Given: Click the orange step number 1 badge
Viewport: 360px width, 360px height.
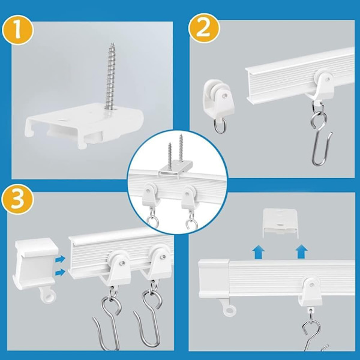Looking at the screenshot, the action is [x=17, y=30].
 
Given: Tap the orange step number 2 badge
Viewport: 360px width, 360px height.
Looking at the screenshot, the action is [x=203, y=28].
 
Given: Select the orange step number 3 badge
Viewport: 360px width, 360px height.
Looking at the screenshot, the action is [x=17, y=199].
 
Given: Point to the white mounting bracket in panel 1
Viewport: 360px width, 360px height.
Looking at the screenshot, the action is [x=84, y=125].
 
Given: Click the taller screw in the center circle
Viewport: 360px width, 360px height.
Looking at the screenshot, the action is [x=181, y=149].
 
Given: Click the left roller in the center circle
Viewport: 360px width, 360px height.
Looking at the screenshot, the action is [x=150, y=196].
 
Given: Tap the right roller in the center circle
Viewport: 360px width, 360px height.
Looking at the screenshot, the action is [x=189, y=197].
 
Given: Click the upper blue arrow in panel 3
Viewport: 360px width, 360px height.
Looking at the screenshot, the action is [x=60, y=260].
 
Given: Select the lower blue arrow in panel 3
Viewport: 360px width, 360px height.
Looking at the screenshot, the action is [x=60, y=272].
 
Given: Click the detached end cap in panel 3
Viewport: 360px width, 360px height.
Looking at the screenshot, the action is [x=35, y=263].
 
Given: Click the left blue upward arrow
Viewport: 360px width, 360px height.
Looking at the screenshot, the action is [x=258, y=252].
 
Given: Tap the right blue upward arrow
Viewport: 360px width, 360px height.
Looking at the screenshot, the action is [x=301, y=251].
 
